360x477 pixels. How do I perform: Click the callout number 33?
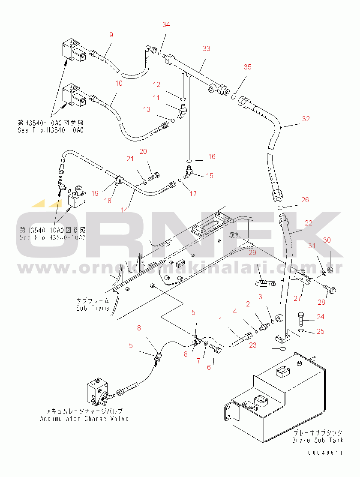(207, 49)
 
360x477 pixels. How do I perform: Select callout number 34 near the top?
(166, 24)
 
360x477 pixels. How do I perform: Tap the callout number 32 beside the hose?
(306, 119)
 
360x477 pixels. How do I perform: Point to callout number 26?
(305, 200)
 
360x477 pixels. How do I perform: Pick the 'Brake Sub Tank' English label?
(318, 440)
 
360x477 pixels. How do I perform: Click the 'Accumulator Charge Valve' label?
(84, 419)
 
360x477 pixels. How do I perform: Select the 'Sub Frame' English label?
(93, 308)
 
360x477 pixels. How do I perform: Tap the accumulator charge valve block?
(97, 392)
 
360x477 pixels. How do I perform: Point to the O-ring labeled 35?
(234, 96)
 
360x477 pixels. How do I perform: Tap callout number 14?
(125, 210)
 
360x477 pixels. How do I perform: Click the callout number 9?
(111, 35)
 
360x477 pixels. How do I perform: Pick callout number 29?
(252, 252)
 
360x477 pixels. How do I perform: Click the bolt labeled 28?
(331, 290)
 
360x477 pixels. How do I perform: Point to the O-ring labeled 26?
(280, 207)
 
